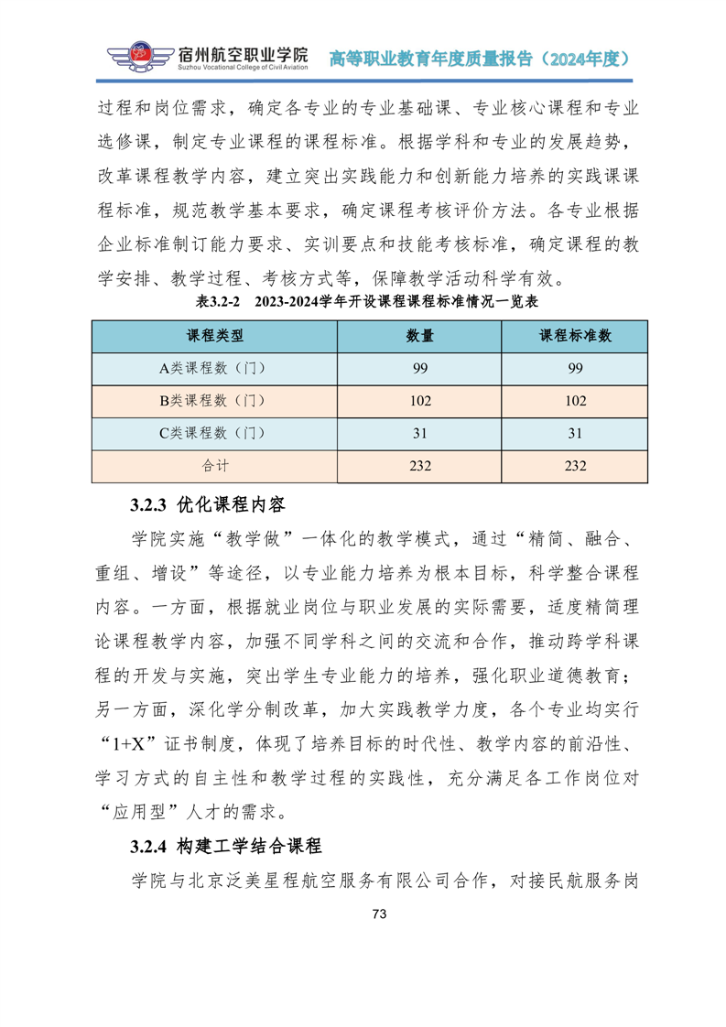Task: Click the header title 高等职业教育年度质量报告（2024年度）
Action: [479, 59]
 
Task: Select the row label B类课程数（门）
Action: [214, 400]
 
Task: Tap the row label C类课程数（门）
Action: [214, 433]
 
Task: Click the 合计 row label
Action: [214, 465]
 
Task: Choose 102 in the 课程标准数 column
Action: [575, 400]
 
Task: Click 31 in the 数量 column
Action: [420, 433]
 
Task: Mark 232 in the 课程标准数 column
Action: [575, 465]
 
